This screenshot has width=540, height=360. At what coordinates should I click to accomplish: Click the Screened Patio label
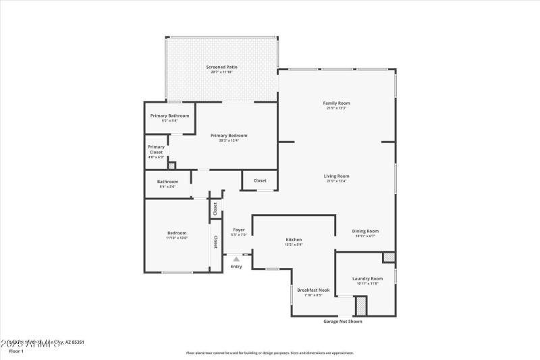(221, 68)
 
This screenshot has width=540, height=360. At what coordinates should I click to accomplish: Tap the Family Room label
(337, 103)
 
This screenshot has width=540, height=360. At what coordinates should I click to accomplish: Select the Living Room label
(337, 176)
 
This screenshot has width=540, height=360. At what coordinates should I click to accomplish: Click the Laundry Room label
(367, 278)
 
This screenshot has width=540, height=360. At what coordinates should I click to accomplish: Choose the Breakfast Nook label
(313, 290)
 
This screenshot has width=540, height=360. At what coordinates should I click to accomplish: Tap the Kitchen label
(294, 240)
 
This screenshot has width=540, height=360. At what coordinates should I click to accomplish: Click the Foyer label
(239, 230)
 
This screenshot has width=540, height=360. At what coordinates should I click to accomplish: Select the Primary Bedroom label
(229, 136)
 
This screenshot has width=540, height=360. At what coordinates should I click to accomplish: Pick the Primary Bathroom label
(169, 115)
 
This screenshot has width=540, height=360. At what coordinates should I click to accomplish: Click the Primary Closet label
(156, 149)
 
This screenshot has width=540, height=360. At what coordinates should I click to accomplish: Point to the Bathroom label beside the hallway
(167, 181)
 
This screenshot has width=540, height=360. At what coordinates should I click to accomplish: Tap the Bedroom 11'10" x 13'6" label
(177, 234)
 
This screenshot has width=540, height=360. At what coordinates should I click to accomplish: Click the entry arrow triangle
(236, 258)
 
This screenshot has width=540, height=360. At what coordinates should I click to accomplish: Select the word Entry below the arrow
(236, 267)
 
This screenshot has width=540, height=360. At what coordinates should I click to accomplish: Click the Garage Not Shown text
(343, 322)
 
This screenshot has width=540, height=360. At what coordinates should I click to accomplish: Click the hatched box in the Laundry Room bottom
(361, 306)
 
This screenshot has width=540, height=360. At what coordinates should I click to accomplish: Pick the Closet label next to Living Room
(260, 180)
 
